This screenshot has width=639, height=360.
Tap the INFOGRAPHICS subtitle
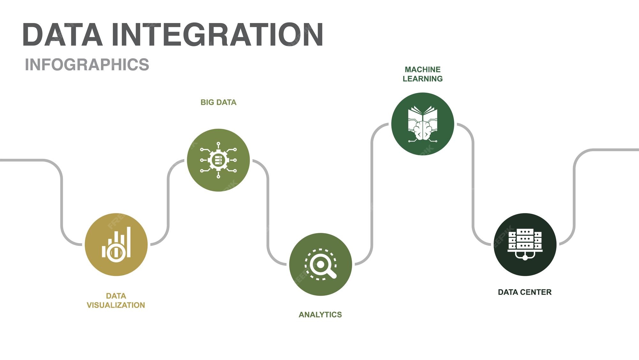tap(87, 65)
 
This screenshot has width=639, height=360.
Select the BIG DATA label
tap(219, 102)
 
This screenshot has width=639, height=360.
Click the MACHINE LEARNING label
tap(422, 74)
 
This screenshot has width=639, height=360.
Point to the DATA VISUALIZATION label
tap(116, 301)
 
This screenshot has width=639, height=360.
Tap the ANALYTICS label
tap(320, 315)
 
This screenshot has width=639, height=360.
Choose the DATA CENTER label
tap(525, 292)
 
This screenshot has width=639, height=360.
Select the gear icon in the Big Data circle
tap(218, 160)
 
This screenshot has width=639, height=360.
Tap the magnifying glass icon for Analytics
tap(320, 264)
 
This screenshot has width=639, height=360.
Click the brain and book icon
tap(422, 124)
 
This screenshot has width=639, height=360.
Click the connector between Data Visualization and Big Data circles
tap(168, 201)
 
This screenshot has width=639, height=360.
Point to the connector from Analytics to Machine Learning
tap(372, 195)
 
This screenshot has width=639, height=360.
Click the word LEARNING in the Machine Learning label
tap(422, 79)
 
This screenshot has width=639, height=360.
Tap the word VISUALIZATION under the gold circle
tap(116, 305)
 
